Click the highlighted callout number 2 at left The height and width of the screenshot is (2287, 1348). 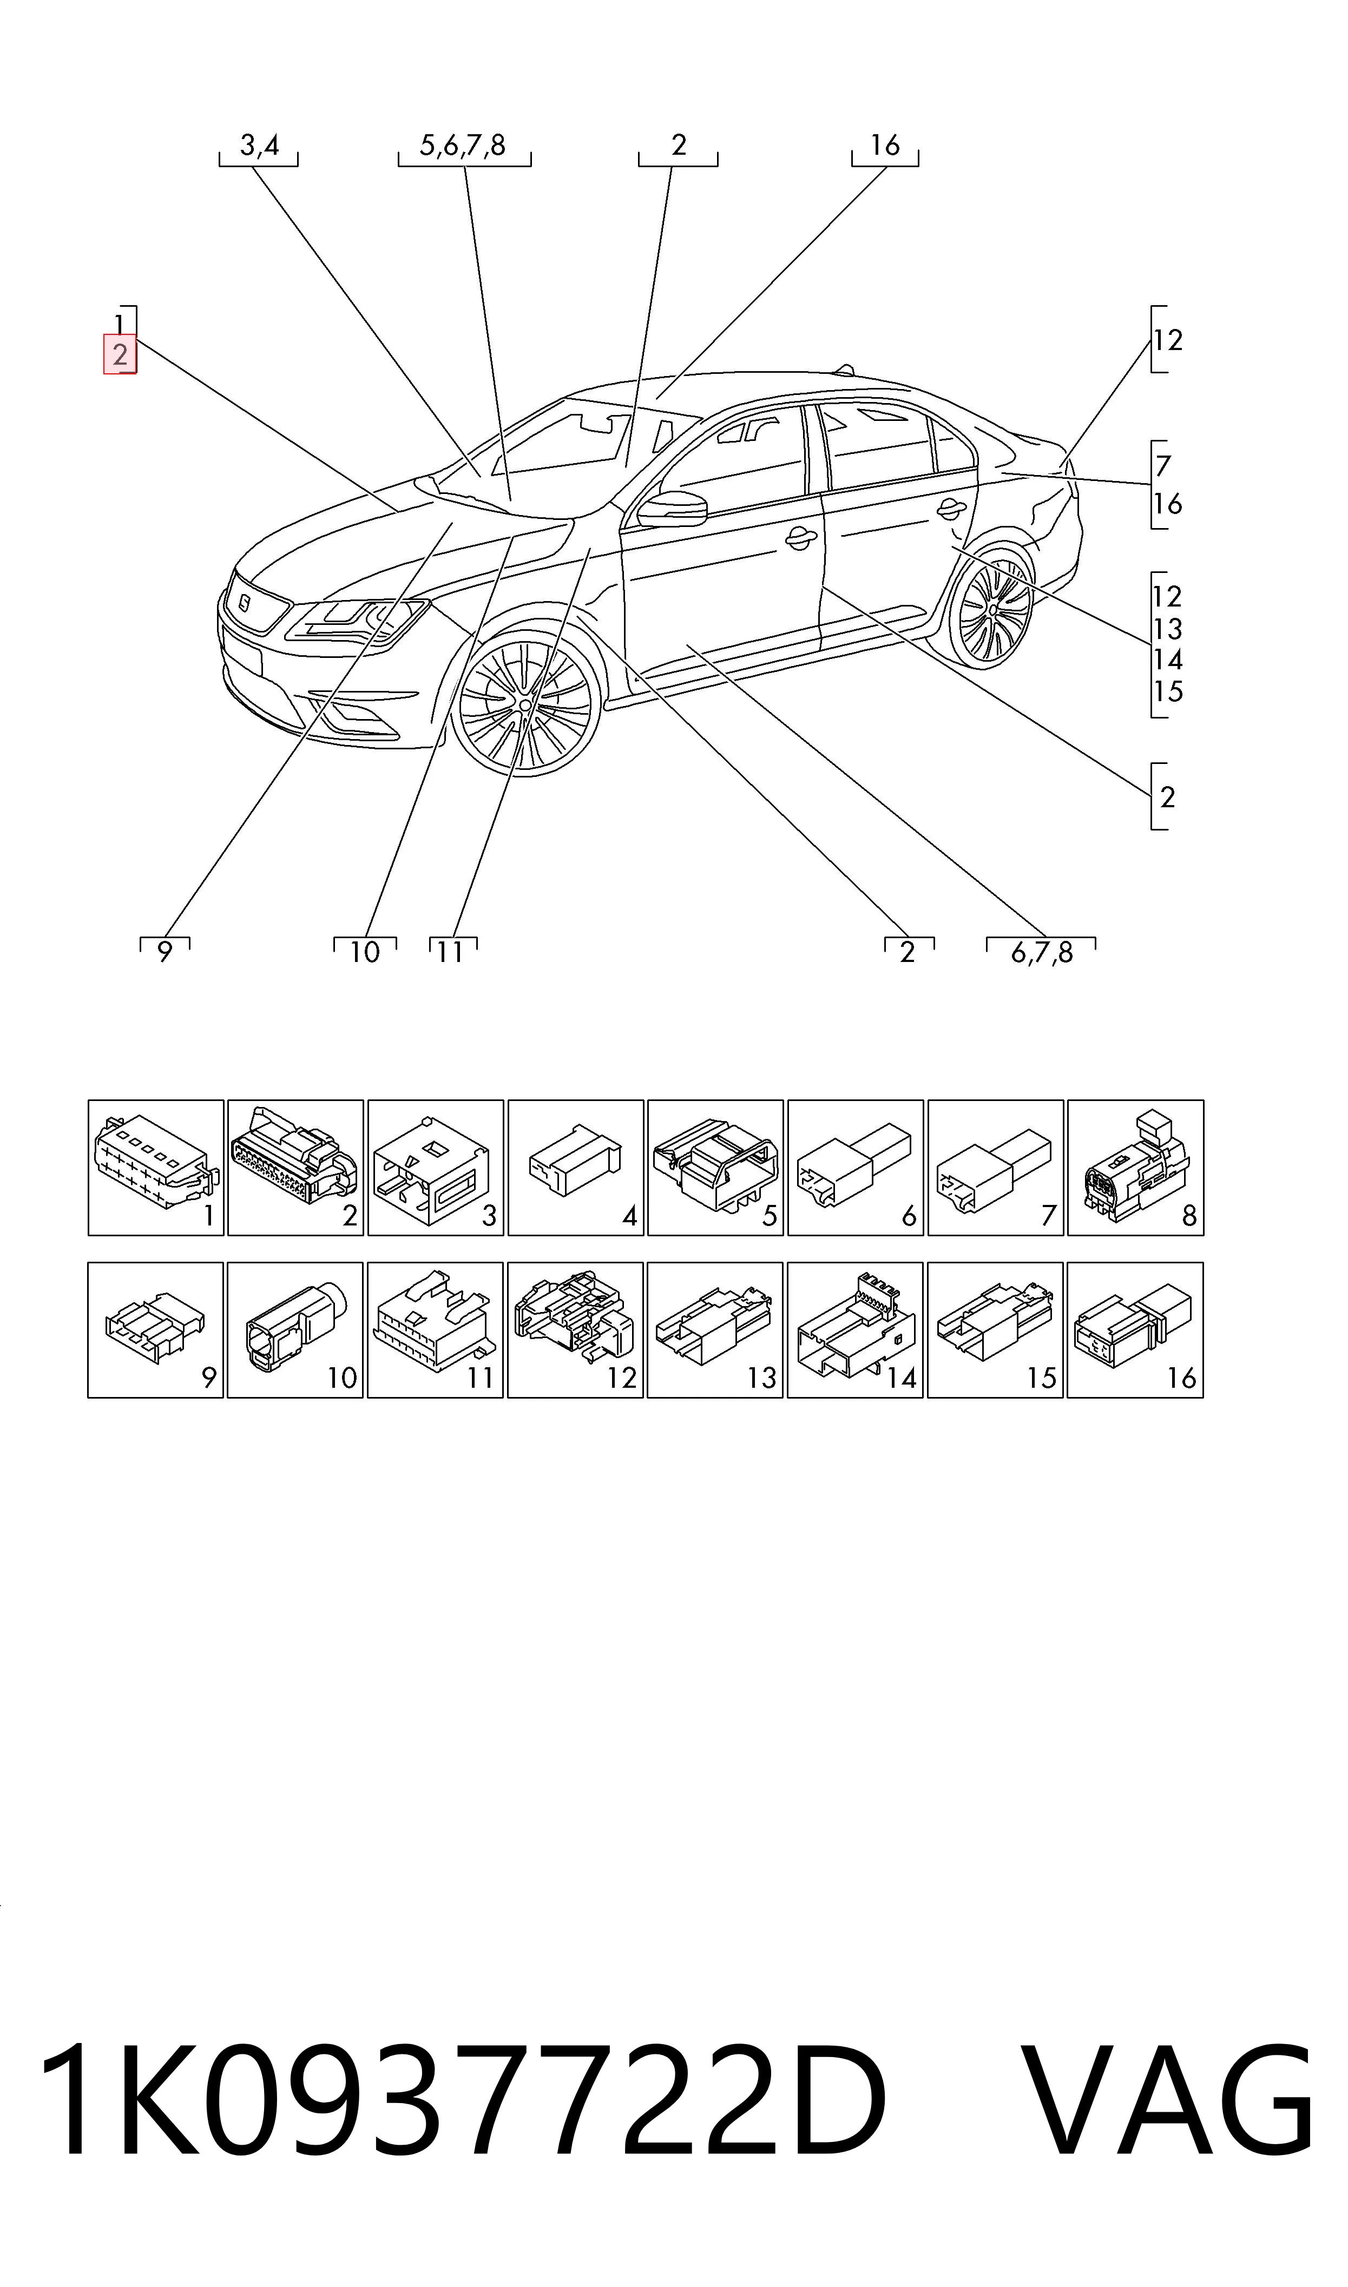point(120,355)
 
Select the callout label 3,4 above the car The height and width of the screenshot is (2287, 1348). point(259,145)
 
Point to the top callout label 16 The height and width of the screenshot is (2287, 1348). point(885,145)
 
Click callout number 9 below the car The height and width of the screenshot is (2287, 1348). point(165,952)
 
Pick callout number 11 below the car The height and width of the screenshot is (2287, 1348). point(451,952)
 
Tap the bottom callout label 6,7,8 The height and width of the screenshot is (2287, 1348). point(1042,952)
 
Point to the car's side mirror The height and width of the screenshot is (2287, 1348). point(672,509)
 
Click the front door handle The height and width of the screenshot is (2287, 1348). point(799,540)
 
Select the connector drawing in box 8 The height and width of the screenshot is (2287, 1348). point(1135,1162)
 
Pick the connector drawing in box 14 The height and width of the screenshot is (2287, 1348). point(854,1324)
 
